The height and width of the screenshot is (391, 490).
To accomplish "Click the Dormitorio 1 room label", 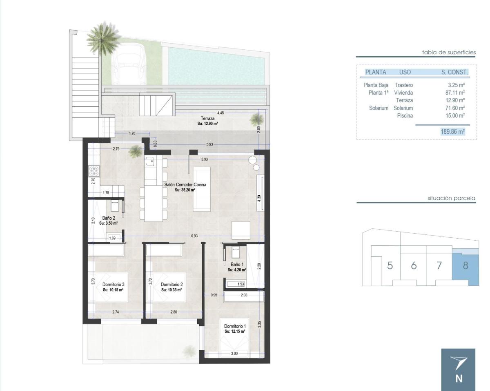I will pyautogui.click(x=235, y=326).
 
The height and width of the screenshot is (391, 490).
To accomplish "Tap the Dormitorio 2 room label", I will pyautogui.click(x=171, y=284).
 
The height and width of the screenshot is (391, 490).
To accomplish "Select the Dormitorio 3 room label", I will pyautogui.click(x=113, y=284).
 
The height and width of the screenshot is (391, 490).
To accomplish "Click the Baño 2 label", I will pyautogui.click(x=108, y=218).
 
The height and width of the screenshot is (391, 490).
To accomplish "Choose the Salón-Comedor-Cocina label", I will pyautogui.click(x=185, y=185).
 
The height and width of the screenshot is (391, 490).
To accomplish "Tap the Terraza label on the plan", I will pyautogui.click(x=207, y=119).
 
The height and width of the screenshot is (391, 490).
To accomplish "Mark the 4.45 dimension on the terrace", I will pyautogui.click(x=220, y=113).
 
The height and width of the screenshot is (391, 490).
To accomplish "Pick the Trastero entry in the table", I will pyautogui.click(x=404, y=85).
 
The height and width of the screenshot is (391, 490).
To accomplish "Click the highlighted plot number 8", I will pyautogui.click(x=465, y=265).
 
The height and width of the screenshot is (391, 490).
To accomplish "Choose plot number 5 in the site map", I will pyautogui.click(x=390, y=265).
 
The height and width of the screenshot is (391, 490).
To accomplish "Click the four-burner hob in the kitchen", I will pyautogui.click(x=94, y=170).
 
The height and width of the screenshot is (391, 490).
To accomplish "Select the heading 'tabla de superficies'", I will pyautogui.click(x=449, y=52).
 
